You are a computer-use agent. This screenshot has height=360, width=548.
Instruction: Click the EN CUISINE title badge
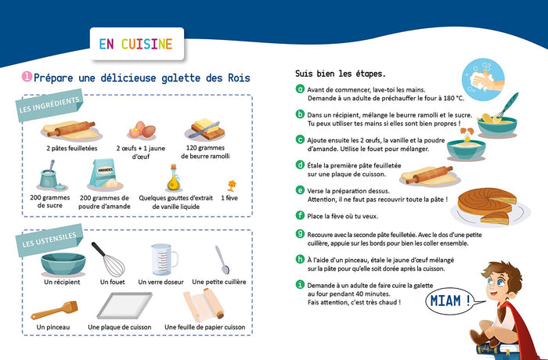point(135,44)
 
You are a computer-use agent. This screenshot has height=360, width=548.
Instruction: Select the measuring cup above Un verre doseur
point(160,258)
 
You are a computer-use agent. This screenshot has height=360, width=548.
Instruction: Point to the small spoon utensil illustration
point(222,259)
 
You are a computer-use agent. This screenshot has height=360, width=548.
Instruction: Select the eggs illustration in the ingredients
point(139,128)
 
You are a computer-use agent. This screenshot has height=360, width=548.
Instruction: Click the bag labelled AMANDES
point(104,174)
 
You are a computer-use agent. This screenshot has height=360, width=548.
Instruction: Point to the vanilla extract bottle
point(172,178)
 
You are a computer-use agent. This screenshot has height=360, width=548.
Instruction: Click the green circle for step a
point(300,88)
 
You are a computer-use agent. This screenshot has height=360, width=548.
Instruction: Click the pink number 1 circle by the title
point(27,77)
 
